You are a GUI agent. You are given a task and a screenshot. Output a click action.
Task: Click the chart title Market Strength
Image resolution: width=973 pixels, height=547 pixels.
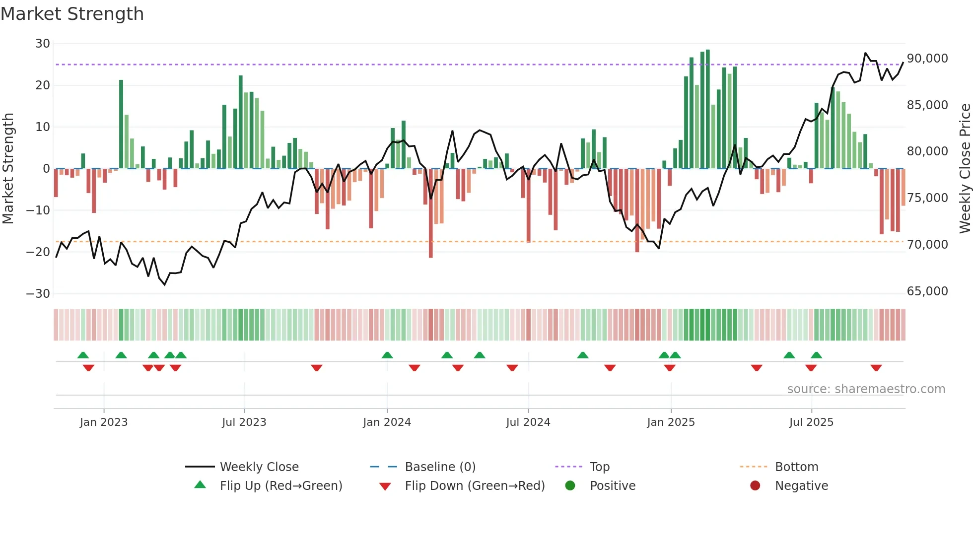pos(72,14)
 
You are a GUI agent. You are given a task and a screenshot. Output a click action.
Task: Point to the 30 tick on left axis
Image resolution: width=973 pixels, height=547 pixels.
pos(42,44)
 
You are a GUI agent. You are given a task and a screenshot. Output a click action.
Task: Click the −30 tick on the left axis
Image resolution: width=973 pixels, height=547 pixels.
pos(38,293)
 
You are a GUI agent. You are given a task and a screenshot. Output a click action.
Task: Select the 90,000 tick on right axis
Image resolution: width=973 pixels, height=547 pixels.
pos(927,59)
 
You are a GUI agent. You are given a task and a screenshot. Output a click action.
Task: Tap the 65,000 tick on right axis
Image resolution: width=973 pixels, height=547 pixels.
pos(927,291)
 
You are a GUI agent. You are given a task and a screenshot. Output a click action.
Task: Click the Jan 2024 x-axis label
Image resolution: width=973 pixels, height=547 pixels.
pos(387,422)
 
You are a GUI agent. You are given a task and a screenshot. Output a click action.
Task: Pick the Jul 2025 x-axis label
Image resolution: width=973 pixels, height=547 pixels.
pos(811,422)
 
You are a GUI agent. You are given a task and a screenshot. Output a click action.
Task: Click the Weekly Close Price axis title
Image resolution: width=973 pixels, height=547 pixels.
pos(965,168)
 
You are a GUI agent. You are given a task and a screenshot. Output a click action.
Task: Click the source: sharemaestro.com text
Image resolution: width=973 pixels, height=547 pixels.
pos(866,389)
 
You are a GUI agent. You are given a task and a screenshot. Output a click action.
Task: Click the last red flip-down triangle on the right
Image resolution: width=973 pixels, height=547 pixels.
pos(876,368)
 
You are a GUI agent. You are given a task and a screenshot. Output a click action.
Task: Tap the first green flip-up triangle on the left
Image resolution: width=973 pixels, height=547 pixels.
pos(83,355)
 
